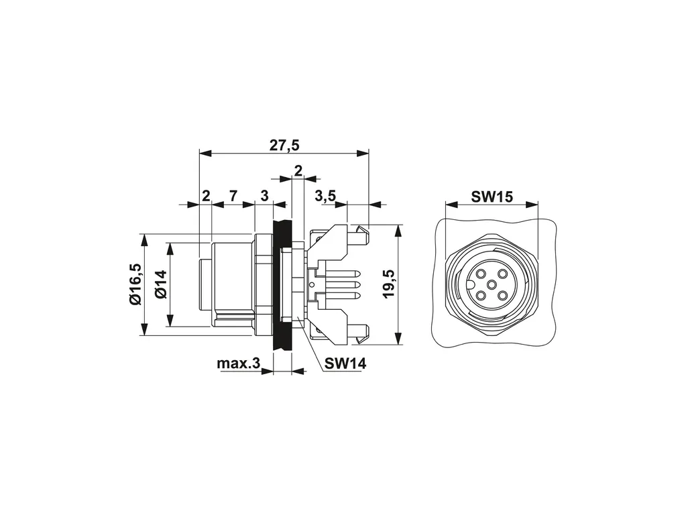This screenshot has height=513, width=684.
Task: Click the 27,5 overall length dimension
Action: pos(284,146)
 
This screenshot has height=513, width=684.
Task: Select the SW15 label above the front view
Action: pos(492,197)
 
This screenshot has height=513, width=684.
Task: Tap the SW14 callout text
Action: pos(345,363)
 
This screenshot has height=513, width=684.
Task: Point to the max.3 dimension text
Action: pos(238,363)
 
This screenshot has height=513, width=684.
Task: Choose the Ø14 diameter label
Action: pos(161,284)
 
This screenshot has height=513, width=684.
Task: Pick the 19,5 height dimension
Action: pos(388,284)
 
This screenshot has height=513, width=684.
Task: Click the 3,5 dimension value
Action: pos(325,196)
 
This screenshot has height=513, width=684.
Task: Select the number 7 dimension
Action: pos(233,196)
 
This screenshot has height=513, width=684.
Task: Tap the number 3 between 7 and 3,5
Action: pos(264,196)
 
